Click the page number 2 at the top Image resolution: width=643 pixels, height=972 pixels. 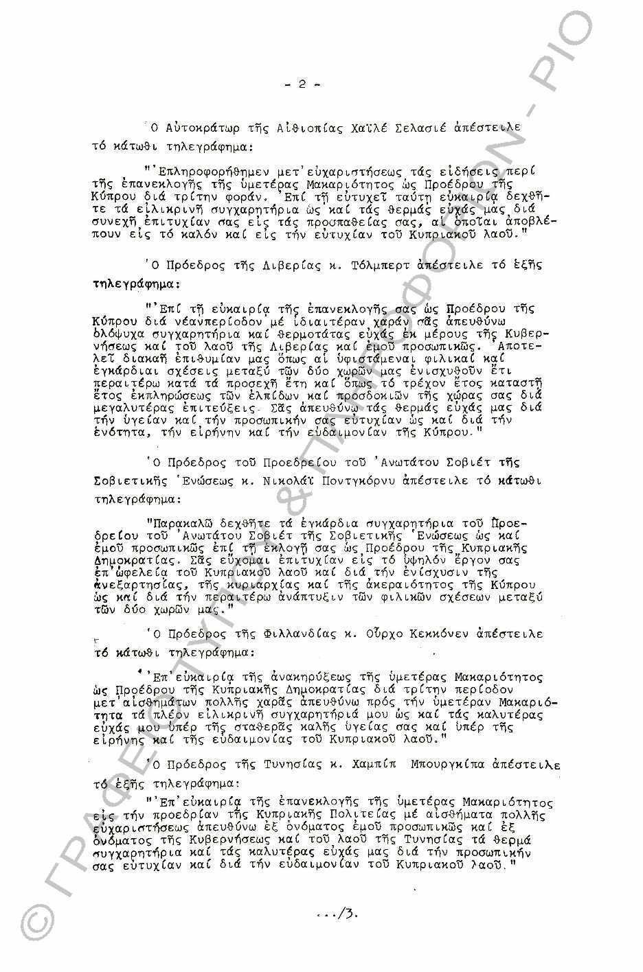(x=302, y=85)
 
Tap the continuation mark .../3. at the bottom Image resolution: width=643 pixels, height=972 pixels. (x=337, y=914)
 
